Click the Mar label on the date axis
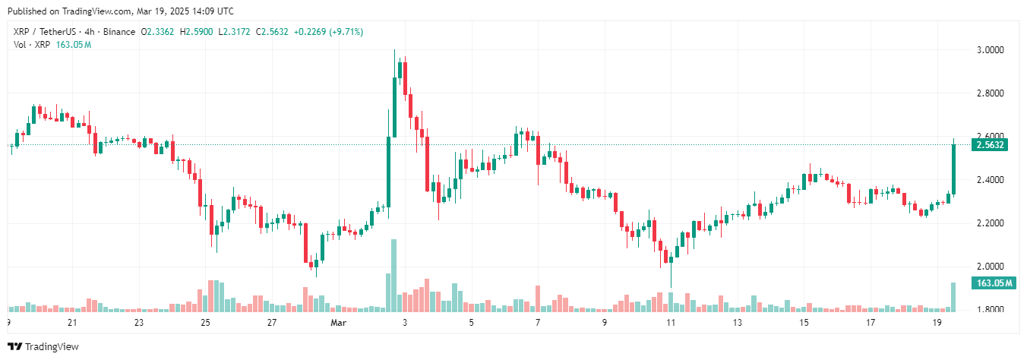tap(338, 323)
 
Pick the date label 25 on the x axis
tap(205, 323)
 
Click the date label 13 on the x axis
tap(738, 323)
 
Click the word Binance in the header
tap(119, 32)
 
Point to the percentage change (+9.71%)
tap(343, 32)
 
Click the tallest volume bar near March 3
tap(393, 275)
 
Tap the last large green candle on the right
tap(953, 169)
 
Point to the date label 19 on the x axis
tap(937, 323)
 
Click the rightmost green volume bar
tap(953, 297)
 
